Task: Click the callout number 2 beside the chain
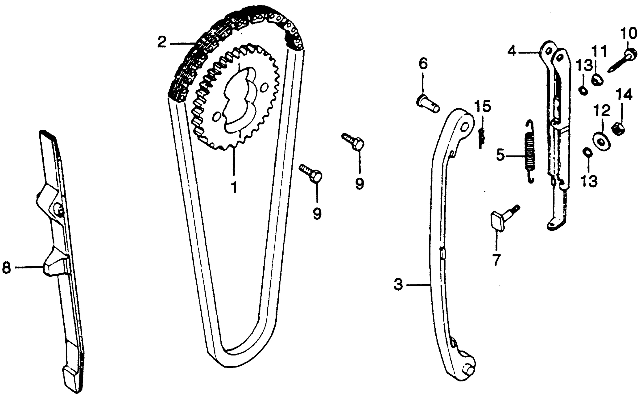(x=162, y=42)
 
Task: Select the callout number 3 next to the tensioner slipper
(x=398, y=285)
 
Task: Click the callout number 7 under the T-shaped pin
(x=496, y=260)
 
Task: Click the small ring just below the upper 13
(x=583, y=90)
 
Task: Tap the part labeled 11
(x=598, y=80)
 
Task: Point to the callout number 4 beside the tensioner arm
(x=512, y=51)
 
